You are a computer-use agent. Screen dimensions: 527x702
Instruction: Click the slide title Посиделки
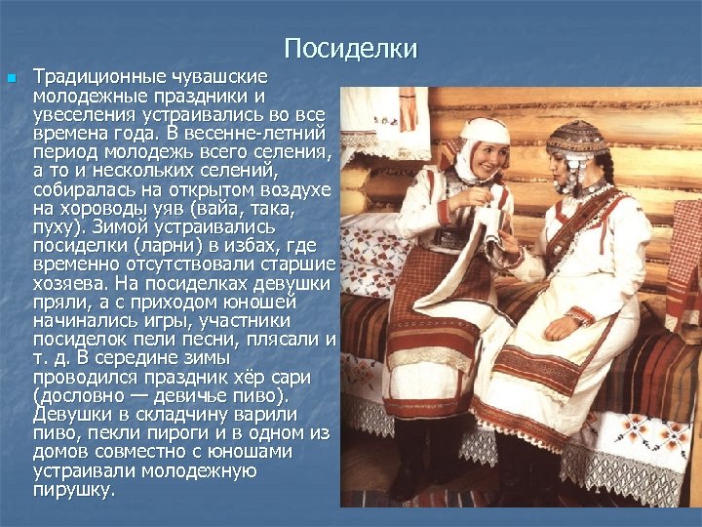point(351,49)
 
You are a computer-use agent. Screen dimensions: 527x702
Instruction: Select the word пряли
point(57,302)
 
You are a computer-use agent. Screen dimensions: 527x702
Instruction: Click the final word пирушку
point(73,489)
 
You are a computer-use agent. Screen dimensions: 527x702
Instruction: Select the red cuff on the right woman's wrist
point(580,315)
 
